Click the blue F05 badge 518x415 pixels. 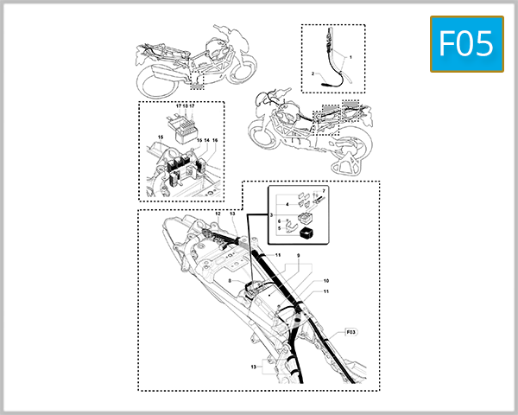[466, 43]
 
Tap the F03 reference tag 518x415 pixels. [351, 331]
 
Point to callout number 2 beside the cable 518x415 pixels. [313, 75]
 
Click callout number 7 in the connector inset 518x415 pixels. [324, 190]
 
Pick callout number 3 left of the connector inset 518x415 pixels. [273, 213]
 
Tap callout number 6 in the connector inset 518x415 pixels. [281, 221]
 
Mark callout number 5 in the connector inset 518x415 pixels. [281, 228]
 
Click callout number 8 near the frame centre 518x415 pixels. [230, 281]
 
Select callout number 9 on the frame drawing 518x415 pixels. [299, 256]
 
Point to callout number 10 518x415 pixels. [302, 281]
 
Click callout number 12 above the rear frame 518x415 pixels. [218, 213]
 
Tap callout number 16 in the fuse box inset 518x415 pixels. [215, 140]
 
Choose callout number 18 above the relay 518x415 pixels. [184, 106]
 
